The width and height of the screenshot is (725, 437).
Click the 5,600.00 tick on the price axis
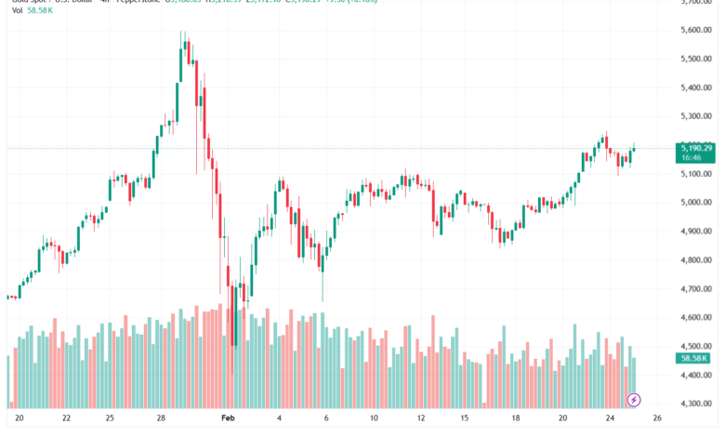(695, 30)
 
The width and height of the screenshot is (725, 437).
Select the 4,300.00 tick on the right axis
(695, 404)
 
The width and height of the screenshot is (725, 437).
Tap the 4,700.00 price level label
(695, 289)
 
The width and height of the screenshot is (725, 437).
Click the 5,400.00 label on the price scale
(695, 87)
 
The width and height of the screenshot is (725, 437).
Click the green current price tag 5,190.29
(696, 148)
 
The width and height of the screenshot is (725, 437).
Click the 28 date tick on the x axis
(161, 419)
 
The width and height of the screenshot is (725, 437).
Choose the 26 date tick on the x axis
(656, 419)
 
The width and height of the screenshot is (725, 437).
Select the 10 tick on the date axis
(373, 419)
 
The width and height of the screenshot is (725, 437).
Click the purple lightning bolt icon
(634, 400)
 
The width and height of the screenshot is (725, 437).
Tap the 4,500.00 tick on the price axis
(695, 347)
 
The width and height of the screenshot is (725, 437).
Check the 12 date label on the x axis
(421, 419)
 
